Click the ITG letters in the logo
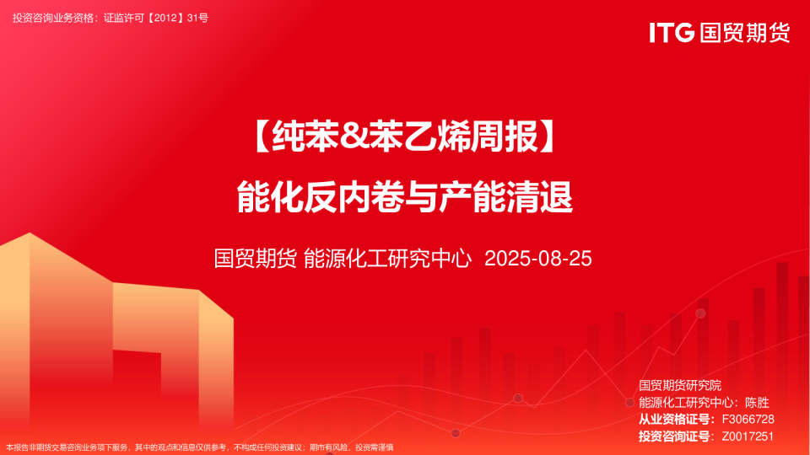pos(672,33)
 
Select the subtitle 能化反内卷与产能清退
pos(405,199)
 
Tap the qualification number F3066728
pos(743,420)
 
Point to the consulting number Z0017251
pos(743,436)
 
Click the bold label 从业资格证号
pos(675,420)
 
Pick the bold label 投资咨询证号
pos(675,436)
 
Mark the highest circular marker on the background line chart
pos(700,313)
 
